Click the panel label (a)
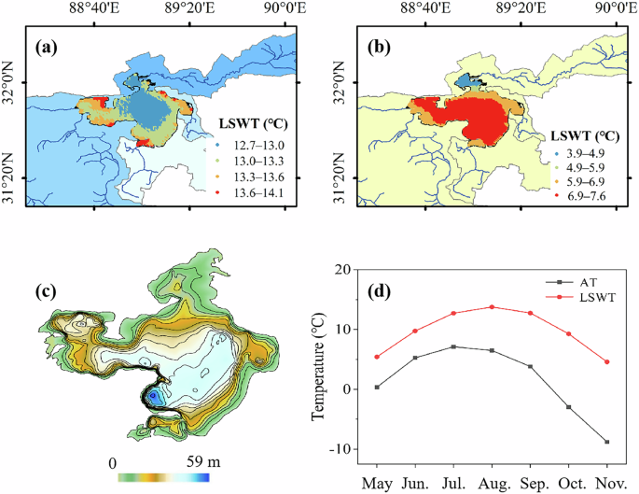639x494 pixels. pyautogui.click(x=49, y=45)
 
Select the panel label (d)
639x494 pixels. pyautogui.click(x=381, y=290)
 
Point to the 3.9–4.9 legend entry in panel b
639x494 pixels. pyautogui.click(x=586, y=150)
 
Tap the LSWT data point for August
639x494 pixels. pyautogui.click(x=492, y=307)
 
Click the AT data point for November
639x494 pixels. pyautogui.click(x=607, y=442)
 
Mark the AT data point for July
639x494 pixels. pyautogui.click(x=453, y=346)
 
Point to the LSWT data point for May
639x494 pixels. pyautogui.click(x=377, y=357)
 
